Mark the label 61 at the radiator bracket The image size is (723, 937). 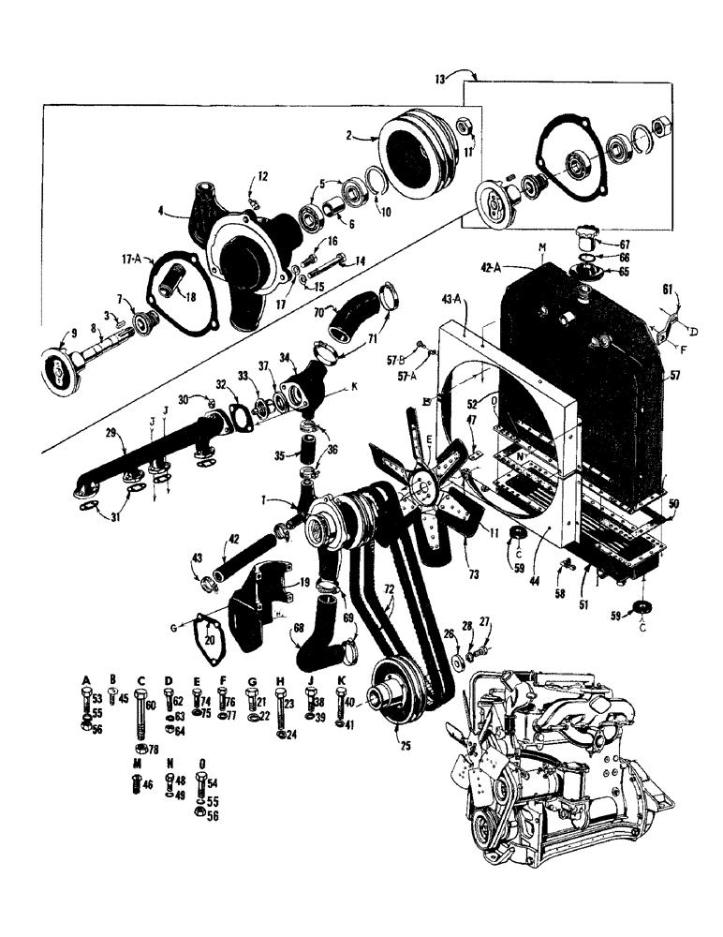pyautogui.click(x=666, y=292)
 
